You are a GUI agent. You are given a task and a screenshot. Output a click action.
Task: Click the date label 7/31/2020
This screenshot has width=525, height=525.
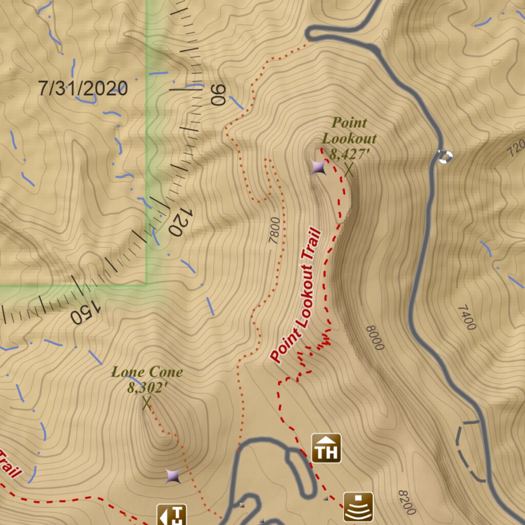coord(83,89)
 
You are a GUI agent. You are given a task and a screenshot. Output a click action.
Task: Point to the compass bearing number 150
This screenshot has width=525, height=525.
coord(84,313)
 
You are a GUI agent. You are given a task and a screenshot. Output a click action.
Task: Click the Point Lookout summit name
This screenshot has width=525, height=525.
coord(349,130)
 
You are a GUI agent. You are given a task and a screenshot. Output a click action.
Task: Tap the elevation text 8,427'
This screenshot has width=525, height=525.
coord(350,153)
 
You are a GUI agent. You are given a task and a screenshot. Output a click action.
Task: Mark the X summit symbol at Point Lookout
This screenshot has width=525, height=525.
coord(349,169)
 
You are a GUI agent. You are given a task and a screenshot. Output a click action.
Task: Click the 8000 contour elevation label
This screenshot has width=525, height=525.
coord(375,337)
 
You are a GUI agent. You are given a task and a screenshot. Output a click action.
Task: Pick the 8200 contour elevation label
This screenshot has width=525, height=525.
coord(406,502)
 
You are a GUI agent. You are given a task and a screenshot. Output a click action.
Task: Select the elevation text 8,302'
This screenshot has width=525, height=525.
coord(148,388)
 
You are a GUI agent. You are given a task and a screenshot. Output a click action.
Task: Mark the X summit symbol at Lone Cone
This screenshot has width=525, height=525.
coord(147,403)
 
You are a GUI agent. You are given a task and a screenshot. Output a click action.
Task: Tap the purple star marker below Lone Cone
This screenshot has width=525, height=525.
coord(173,476)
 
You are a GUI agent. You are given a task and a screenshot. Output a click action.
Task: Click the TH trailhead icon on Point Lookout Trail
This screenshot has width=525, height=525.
coord(326,448)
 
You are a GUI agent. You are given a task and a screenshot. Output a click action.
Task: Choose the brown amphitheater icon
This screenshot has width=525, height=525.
coord(358,507)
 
